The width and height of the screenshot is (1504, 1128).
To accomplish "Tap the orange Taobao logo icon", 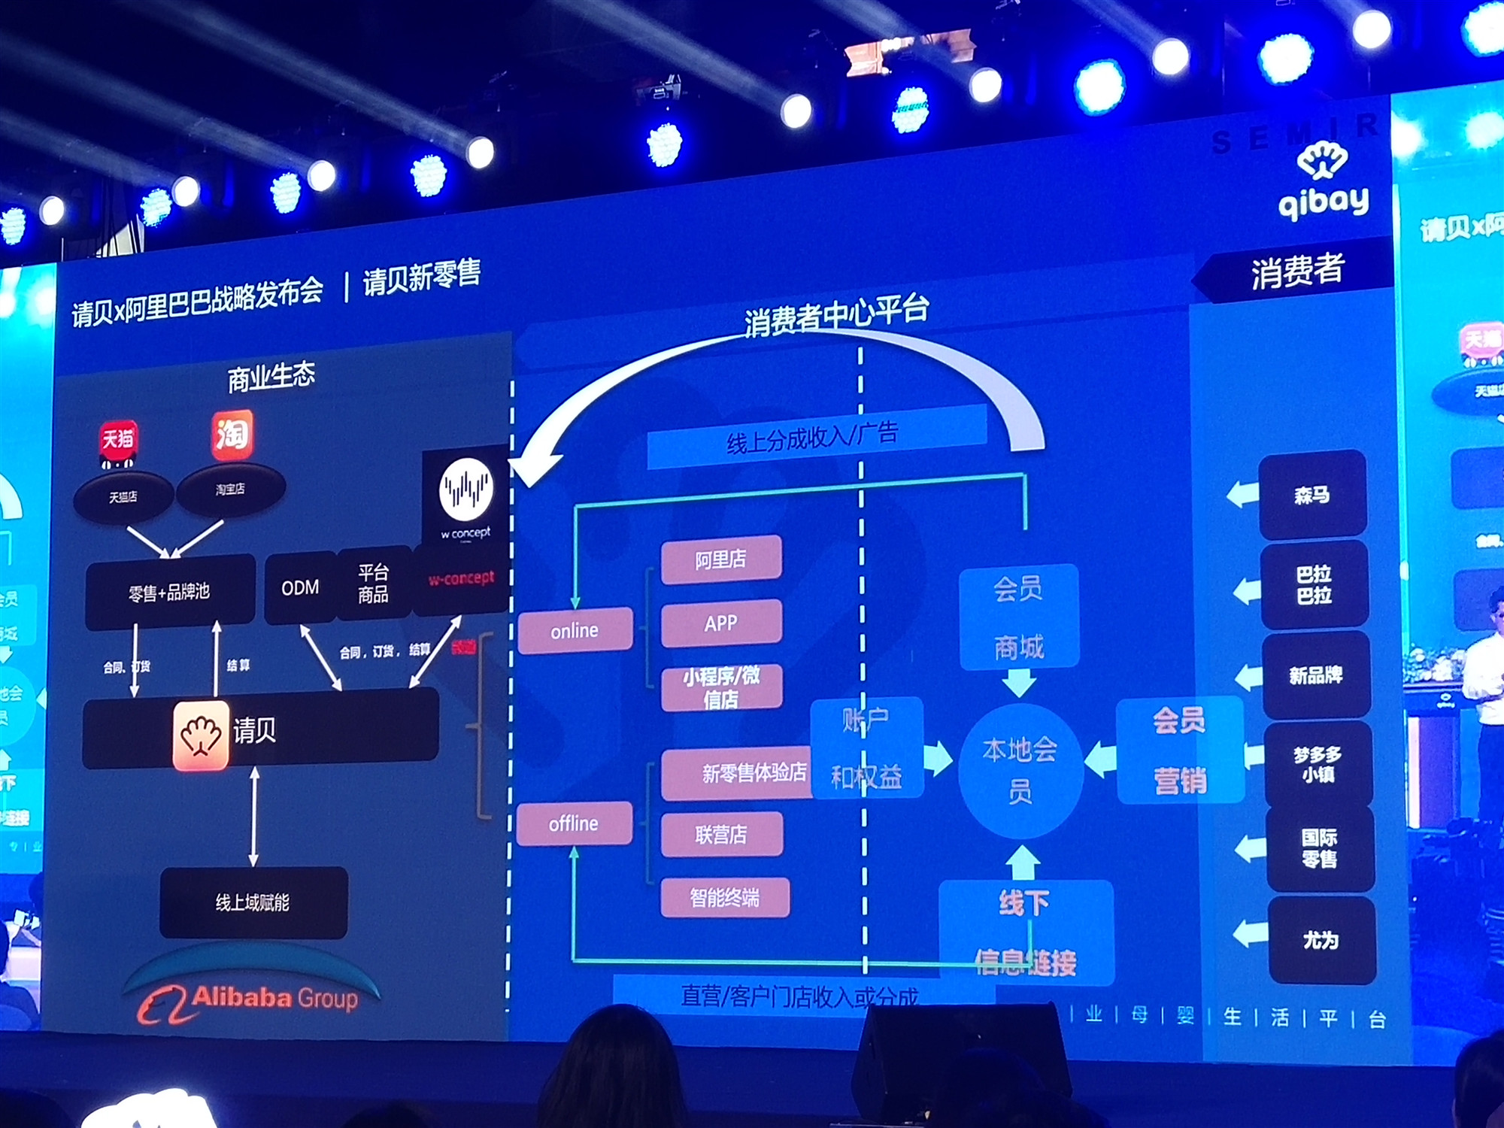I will click(232, 434).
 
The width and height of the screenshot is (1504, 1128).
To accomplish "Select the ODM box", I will click(300, 587).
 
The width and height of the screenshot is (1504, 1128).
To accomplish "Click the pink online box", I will click(575, 630).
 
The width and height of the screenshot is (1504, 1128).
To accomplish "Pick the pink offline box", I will click(574, 823).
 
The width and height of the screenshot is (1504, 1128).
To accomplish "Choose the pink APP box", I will click(720, 623).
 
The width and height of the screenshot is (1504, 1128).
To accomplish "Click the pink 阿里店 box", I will click(720, 559).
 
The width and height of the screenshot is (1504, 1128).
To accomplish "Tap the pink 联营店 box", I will click(721, 834).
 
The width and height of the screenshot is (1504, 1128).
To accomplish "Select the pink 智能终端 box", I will click(725, 897).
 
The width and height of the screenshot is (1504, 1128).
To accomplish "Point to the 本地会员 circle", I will click(1020, 771).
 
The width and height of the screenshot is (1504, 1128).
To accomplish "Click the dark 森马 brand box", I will click(1312, 494).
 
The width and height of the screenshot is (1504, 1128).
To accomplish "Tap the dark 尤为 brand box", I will click(1321, 940).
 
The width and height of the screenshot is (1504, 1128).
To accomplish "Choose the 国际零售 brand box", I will click(1320, 848).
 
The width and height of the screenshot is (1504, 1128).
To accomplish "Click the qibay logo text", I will click(1324, 202).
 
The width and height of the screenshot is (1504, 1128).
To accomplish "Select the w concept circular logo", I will click(466, 489).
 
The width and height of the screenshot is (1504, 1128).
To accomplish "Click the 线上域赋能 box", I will click(253, 902).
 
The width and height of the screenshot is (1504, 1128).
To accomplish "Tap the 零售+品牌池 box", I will click(170, 592).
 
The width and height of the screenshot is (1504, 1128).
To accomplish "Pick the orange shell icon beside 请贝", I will click(201, 735).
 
